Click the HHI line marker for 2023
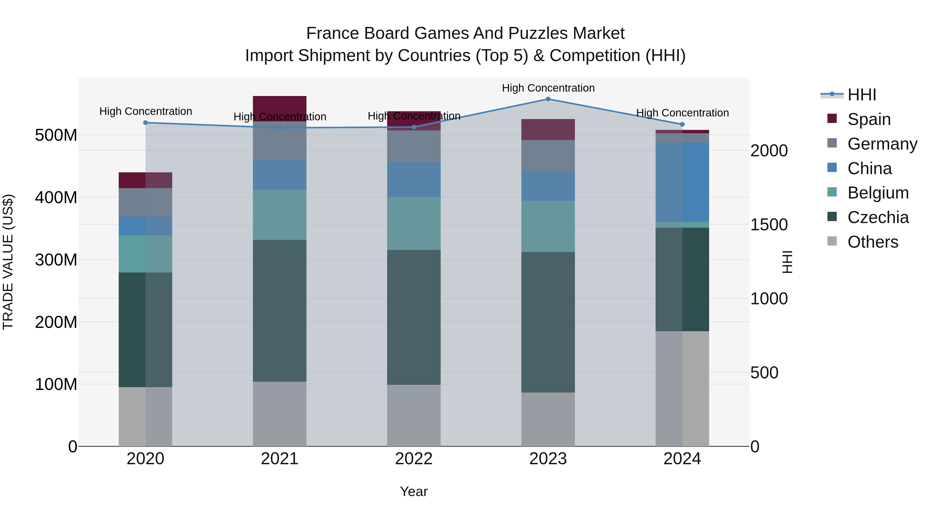(548, 99)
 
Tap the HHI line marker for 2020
(146, 123)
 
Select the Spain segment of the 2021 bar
(279, 108)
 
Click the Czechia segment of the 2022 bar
(414, 317)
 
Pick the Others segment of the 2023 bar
(548, 419)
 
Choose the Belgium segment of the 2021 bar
(279, 215)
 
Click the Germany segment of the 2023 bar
(548, 156)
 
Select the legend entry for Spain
(869, 119)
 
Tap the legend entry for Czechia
(877, 217)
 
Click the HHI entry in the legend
(862, 95)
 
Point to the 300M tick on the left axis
(56, 260)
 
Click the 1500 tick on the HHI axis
(769, 225)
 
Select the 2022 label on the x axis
(414, 459)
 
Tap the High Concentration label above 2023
(548, 88)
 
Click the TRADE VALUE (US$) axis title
(8, 262)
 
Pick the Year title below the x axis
(414, 491)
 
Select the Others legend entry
(873, 242)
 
